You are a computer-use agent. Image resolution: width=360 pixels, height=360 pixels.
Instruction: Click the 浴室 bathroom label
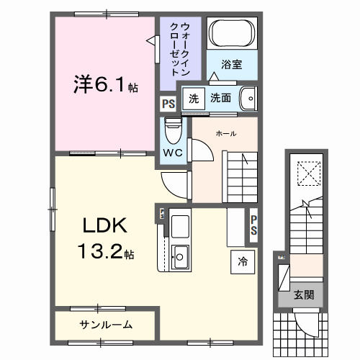(231, 64)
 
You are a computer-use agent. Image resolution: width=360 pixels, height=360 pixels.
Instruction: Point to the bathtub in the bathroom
(230, 33)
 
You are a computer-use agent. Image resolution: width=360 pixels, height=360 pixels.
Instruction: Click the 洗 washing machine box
(193, 98)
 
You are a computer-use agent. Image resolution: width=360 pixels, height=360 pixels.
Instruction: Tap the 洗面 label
(220, 98)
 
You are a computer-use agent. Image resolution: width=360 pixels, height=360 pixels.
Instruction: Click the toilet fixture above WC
(172, 130)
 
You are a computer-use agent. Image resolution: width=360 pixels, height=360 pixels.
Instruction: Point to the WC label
(172, 153)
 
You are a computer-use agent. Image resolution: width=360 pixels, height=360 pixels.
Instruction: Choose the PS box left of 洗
(168, 103)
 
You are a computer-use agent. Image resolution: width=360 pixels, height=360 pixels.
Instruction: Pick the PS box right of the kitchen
(253, 225)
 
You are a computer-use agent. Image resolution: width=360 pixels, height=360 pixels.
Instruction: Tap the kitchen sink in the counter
(180, 255)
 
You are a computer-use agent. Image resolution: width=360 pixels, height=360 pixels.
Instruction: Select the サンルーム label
(105, 324)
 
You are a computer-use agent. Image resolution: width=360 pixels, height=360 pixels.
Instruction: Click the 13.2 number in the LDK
(102, 253)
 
